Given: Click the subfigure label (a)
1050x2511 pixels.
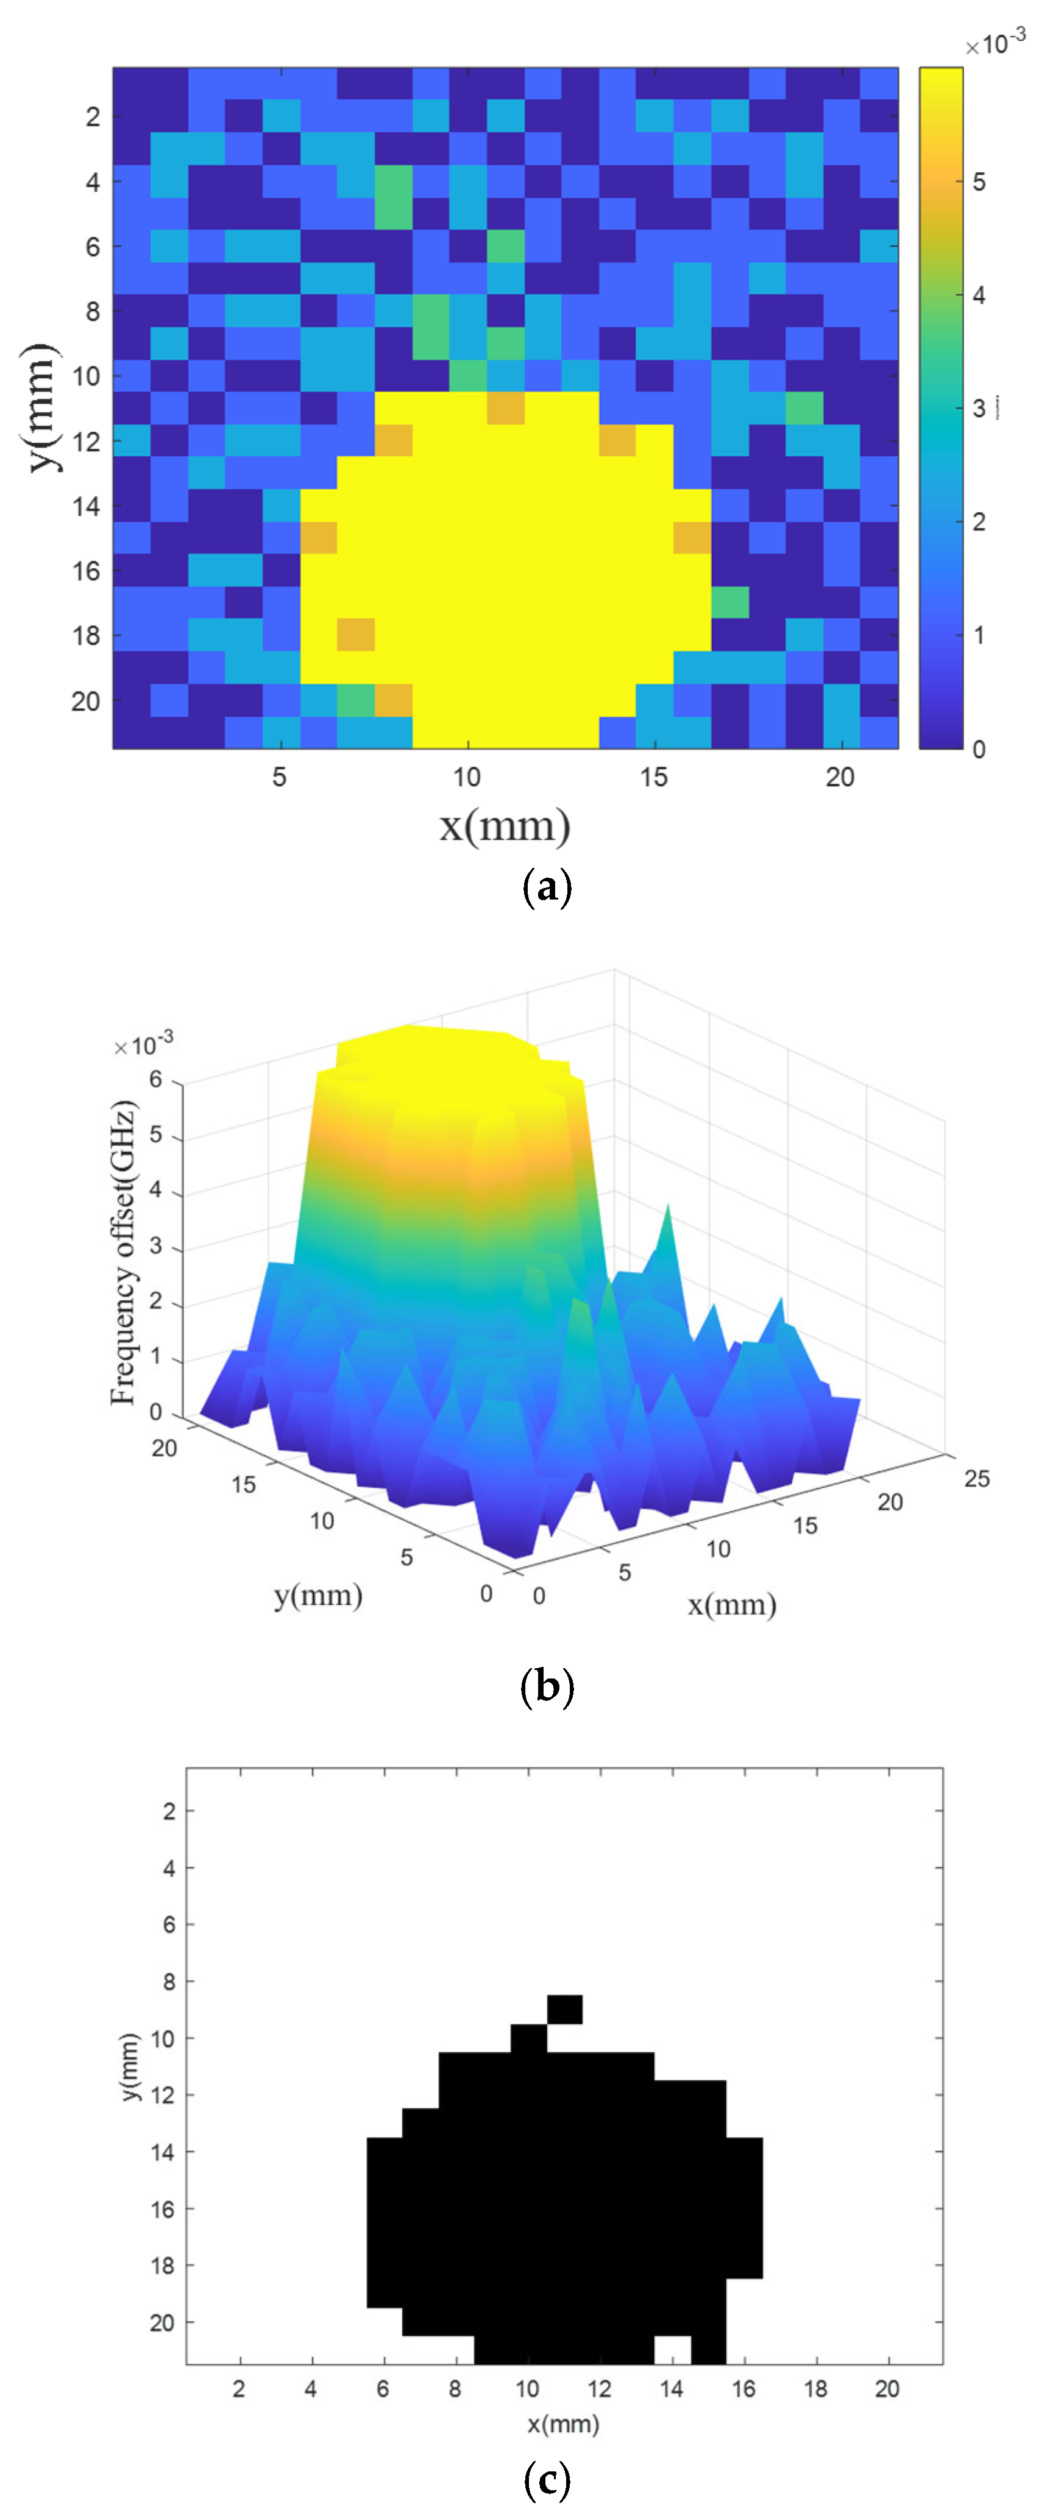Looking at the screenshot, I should click(546, 888).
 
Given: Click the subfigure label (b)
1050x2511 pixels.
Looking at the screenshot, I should click(546, 1686).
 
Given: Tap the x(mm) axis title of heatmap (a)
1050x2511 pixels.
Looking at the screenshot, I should click(504, 826).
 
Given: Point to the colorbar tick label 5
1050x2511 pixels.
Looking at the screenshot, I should click(978, 182).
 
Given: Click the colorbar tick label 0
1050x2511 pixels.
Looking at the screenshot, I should click(978, 748).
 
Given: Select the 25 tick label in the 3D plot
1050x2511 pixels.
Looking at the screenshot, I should click(976, 1479).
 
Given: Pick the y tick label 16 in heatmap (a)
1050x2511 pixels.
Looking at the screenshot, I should click(86, 571).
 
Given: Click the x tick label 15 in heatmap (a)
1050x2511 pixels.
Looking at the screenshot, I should click(653, 777).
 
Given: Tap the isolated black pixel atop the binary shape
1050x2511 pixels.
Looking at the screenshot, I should click(564, 2009).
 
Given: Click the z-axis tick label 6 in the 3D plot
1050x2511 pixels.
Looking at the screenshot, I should click(155, 1079).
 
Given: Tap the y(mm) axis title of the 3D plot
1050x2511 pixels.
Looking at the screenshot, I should click(318, 1596).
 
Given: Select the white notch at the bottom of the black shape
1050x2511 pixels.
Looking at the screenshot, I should click(672, 2349).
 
